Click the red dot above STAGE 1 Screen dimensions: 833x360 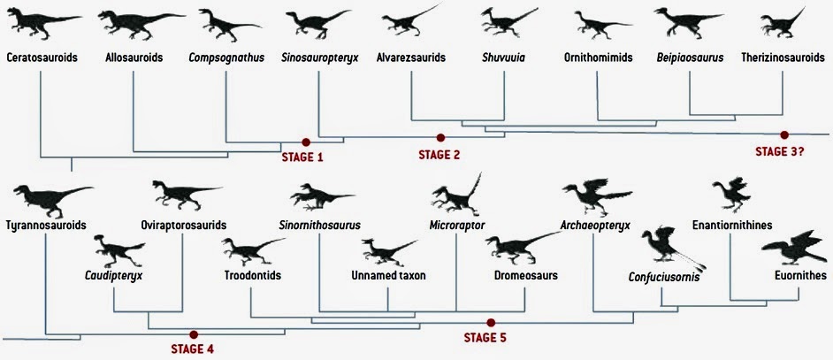tap(305, 142)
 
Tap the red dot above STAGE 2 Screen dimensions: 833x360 tap(439, 137)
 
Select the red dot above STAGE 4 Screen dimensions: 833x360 tap(194, 334)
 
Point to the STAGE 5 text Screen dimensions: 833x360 tap(485, 337)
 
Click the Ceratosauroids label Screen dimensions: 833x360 tap(42, 58)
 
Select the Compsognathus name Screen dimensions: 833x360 tap(226, 58)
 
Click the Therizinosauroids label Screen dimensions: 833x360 tap(783, 58)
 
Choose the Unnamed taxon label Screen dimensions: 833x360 tap(389, 275)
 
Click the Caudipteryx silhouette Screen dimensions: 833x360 tap(118, 251)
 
